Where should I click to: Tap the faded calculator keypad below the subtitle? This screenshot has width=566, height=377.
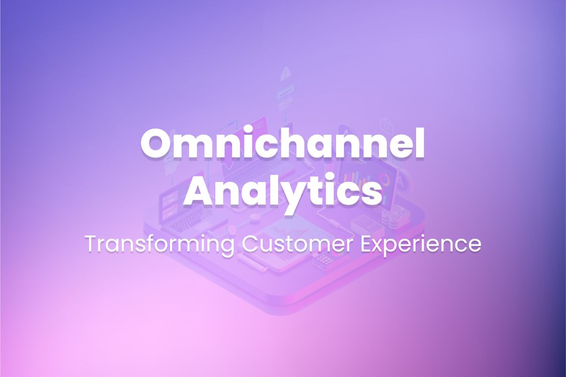325,260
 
